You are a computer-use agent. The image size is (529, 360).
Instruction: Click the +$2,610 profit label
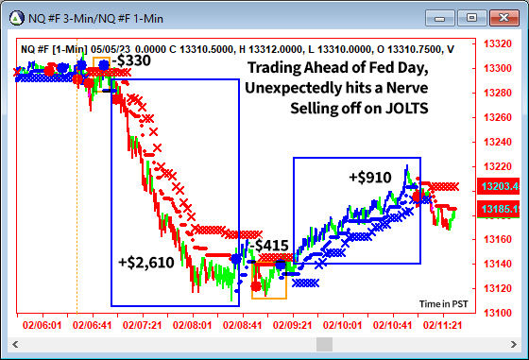(x=145, y=263)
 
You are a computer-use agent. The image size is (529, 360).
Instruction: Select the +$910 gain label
(x=368, y=177)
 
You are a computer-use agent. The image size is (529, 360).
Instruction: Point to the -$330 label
(x=131, y=60)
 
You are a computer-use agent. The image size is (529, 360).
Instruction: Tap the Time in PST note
(x=443, y=303)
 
